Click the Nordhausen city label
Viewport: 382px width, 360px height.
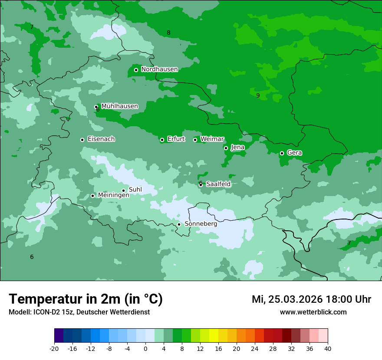[x=159, y=69]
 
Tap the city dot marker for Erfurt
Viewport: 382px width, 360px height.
[x=162, y=140]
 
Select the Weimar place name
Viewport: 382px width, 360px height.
[x=212, y=139]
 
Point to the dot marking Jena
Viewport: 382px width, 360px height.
[x=226, y=148]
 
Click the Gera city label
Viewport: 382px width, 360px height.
[x=294, y=153]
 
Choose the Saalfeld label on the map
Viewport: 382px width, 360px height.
[x=218, y=184]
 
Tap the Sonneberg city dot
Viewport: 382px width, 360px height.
[x=179, y=224]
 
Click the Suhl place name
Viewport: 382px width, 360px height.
[x=135, y=190]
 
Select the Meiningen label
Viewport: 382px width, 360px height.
[x=113, y=195]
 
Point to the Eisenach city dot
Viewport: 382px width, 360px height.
[x=82, y=140]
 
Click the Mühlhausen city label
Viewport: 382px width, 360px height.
[x=119, y=106]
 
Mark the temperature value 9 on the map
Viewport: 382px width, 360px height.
[x=258, y=95]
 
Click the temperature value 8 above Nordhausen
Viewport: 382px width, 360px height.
[x=168, y=33]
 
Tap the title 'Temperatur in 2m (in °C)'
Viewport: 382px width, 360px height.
[x=86, y=299]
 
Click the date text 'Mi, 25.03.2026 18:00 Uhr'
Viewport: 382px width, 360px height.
[x=311, y=299]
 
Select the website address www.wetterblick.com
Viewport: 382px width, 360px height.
[x=313, y=312]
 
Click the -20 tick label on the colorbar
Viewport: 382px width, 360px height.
[x=54, y=348]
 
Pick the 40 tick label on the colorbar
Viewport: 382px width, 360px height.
[x=328, y=348]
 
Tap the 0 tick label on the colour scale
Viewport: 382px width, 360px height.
[x=145, y=348]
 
